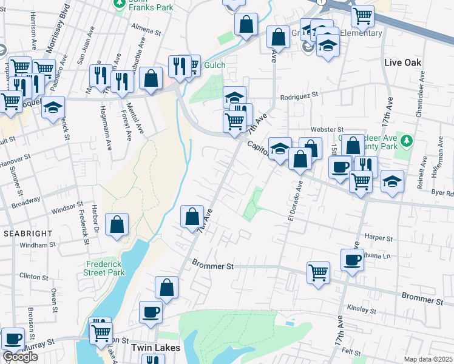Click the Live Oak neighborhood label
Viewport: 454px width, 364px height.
tap(403, 63)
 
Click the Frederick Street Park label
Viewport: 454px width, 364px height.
tap(106, 268)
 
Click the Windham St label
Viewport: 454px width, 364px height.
tap(37, 244)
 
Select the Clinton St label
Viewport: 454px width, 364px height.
tap(33, 276)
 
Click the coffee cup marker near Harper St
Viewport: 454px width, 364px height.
tap(352, 261)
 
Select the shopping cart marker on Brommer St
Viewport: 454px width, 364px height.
tap(318, 273)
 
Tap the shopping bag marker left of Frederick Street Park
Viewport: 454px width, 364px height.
tap(117, 224)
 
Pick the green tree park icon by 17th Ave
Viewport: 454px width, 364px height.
tap(407, 141)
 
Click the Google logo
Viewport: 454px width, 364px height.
tap(20, 357)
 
